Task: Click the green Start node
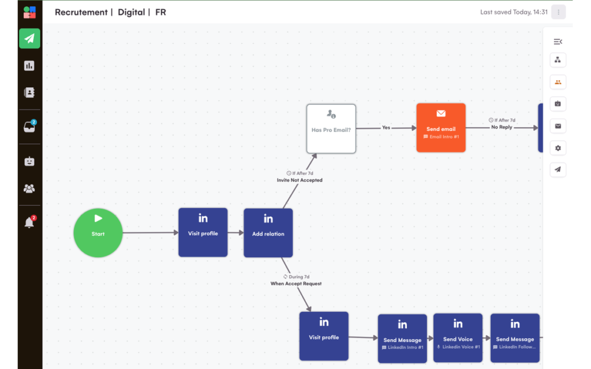coord(98,233)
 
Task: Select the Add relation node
coord(268,233)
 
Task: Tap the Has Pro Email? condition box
coord(331,129)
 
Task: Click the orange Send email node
coord(440,127)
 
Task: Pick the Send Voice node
coord(458,338)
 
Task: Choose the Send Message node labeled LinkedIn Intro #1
coord(402,338)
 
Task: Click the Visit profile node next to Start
coord(203,232)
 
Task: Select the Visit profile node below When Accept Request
coord(324,336)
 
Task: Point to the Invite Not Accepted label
coord(300,180)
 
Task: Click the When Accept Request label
coord(296,284)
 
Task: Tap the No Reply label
coord(502,127)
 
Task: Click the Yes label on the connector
coord(386,127)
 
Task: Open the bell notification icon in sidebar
coord(29,222)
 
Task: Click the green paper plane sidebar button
coord(29,39)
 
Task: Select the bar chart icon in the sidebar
coord(29,66)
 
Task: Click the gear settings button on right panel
coord(558,148)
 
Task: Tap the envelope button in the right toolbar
coord(558,126)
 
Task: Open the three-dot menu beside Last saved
coord(558,12)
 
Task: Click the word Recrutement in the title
coord(81,12)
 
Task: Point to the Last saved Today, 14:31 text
coord(514,12)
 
